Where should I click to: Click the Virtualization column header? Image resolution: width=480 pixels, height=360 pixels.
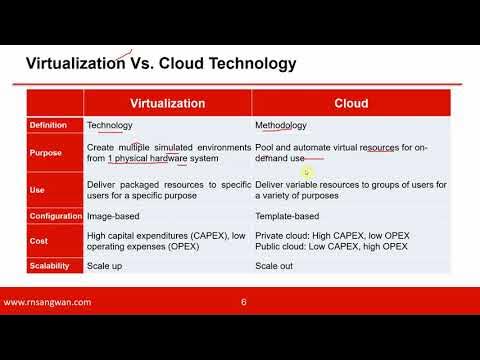168,103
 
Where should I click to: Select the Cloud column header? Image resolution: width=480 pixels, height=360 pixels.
351,103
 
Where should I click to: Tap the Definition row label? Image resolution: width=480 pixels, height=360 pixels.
48,126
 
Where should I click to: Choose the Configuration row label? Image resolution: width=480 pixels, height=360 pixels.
55,216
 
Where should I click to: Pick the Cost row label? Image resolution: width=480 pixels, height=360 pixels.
39,240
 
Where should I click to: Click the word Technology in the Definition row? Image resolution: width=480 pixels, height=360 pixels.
110,126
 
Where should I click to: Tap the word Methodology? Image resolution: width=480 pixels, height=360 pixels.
281,126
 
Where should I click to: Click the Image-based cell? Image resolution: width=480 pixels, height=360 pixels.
114,216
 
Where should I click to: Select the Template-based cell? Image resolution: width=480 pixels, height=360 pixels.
288,216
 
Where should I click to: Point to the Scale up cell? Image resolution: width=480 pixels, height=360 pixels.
107,265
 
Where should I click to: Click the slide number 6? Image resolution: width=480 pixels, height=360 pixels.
244,301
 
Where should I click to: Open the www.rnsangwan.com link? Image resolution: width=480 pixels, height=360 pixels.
48,301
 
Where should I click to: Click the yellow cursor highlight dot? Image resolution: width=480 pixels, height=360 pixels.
309,171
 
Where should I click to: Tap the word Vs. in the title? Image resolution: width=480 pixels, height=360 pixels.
143,65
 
